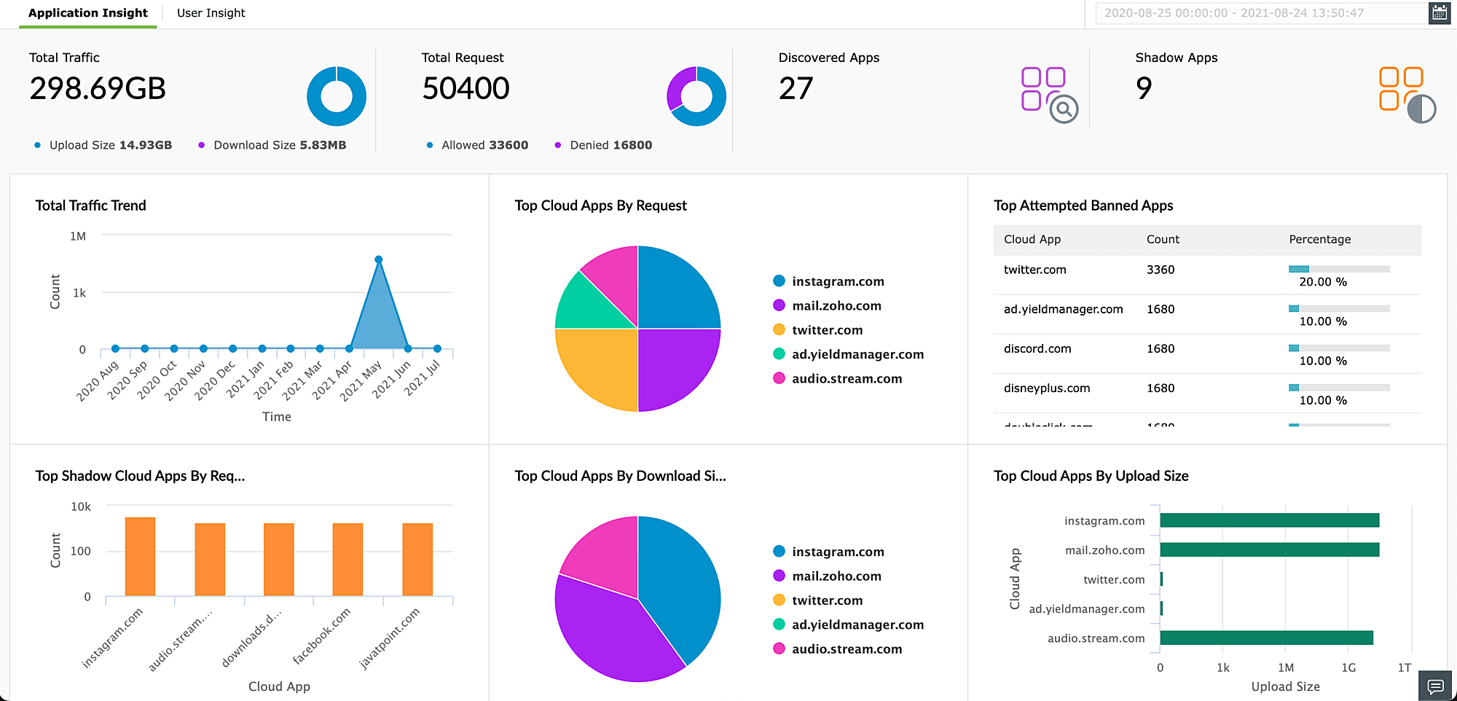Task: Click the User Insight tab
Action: click(211, 13)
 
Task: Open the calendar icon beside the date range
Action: click(1439, 13)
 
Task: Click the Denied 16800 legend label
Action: click(610, 145)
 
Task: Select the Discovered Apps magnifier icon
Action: click(1064, 109)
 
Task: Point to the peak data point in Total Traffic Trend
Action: click(379, 259)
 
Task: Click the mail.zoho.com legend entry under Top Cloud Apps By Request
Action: click(836, 306)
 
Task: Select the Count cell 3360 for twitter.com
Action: click(1161, 270)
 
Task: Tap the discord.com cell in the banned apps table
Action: click(1037, 348)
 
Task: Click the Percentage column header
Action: click(1319, 239)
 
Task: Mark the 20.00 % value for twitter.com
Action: click(1323, 282)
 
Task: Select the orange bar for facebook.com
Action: click(347, 559)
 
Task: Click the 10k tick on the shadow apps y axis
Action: click(81, 506)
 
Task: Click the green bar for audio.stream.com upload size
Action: click(1266, 638)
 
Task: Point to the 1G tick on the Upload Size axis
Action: click(1348, 667)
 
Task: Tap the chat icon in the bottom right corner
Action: click(1435, 686)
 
